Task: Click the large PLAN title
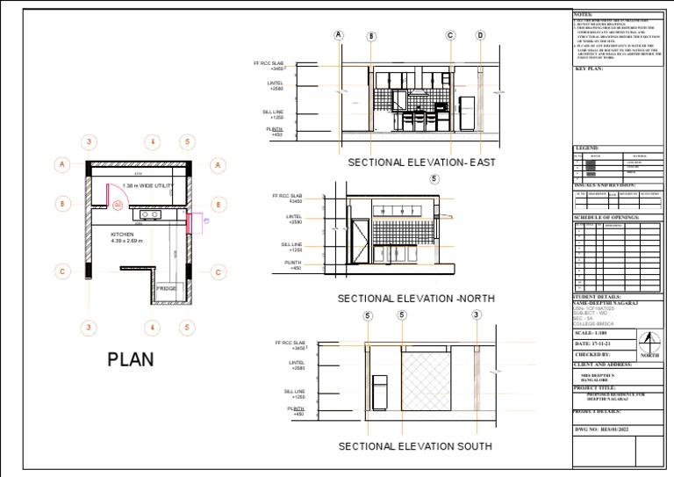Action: click(131, 359)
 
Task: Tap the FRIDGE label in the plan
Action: click(166, 288)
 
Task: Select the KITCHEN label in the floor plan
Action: click(122, 235)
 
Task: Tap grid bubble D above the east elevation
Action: click(480, 36)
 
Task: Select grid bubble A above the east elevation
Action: click(339, 35)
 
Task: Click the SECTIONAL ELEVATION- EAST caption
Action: click(421, 163)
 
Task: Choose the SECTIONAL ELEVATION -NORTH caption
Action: click(416, 299)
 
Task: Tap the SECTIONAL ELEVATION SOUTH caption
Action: click(415, 446)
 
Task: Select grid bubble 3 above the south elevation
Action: click(476, 315)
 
